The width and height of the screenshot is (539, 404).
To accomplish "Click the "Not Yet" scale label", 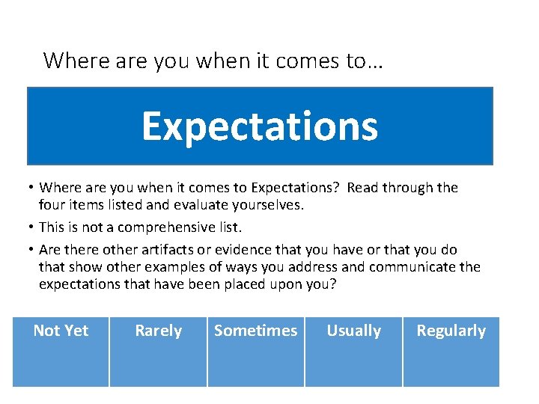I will pyautogui.click(x=61, y=331).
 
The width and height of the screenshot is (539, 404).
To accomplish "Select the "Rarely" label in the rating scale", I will pyautogui.click(x=158, y=331).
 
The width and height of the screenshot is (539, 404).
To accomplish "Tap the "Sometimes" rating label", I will pyautogui.click(x=255, y=331).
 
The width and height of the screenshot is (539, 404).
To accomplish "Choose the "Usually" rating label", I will pyautogui.click(x=353, y=331).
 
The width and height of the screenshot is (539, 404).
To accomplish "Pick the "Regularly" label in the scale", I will pyautogui.click(x=451, y=331).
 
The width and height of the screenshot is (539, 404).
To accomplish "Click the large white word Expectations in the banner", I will pyautogui.click(x=260, y=126).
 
